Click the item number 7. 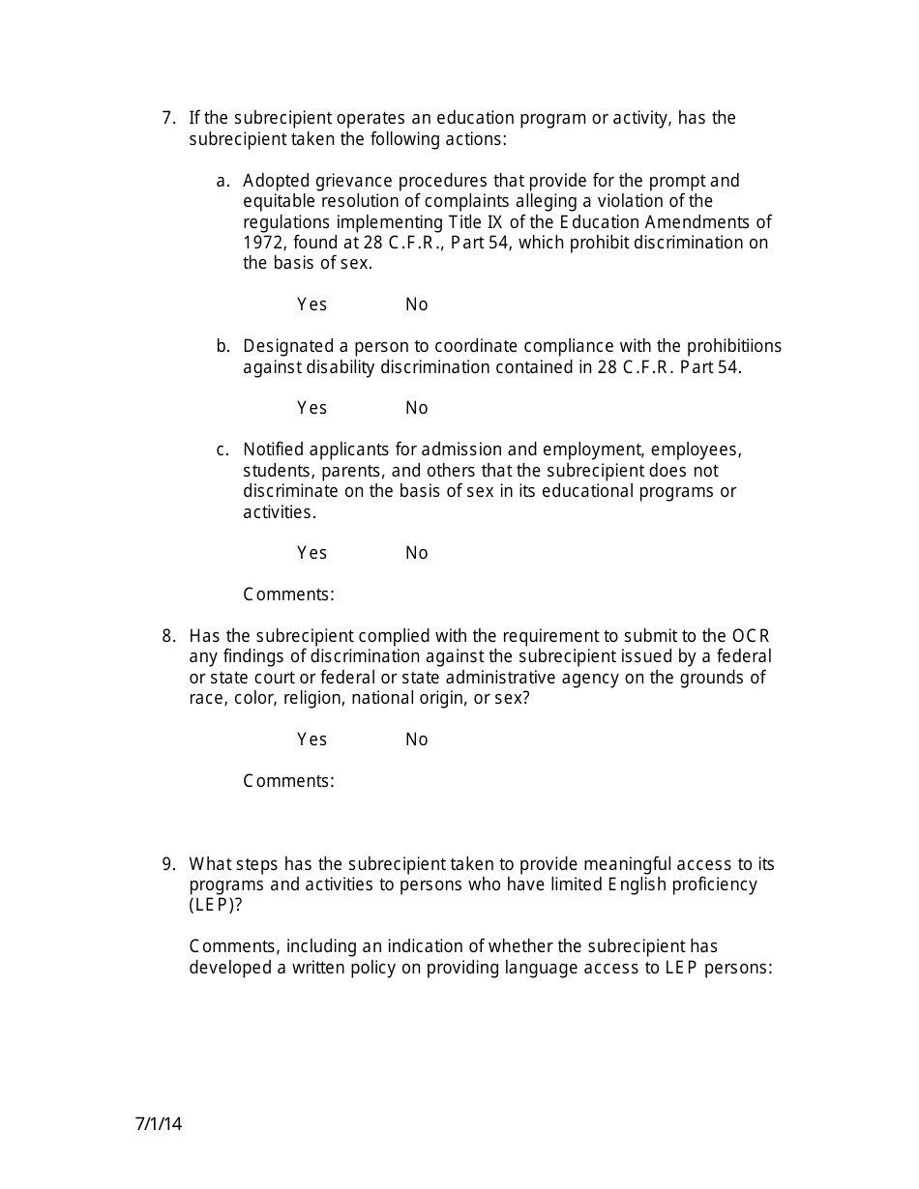point(168,119)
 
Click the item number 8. point(168,636)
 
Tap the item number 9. point(168,864)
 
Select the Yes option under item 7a point(311,304)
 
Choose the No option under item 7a point(416,304)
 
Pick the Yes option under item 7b point(311,408)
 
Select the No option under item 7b point(416,408)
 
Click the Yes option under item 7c point(311,553)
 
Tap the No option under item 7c point(416,553)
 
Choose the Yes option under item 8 point(311,739)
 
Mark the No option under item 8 point(416,739)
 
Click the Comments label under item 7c point(288,594)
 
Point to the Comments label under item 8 point(288,781)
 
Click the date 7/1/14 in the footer point(159,1124)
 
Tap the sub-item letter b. point(222,346)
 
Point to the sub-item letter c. point(222,449)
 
